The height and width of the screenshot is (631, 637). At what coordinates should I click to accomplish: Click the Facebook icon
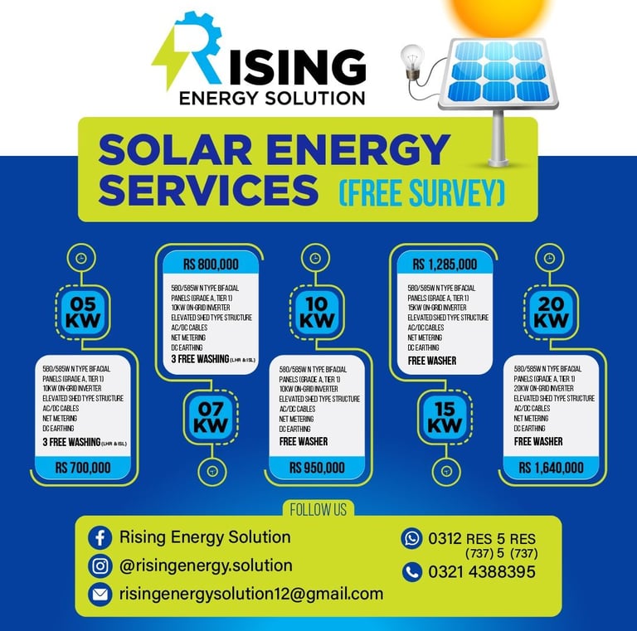tap(100, 537)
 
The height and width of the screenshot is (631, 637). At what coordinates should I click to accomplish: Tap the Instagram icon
tap(100, 566)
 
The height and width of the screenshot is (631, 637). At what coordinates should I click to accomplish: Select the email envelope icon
tap(100, 595)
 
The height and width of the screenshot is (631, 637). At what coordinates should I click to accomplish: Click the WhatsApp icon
tap(411, 538)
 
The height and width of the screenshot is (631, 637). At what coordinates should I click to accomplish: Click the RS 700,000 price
tap(83, 468)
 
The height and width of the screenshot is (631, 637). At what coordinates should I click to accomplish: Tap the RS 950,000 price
tap(317, 468)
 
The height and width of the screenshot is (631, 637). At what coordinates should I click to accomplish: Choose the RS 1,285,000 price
tap(445, 265)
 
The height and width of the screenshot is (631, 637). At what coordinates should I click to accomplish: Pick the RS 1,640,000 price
tap(551, 468)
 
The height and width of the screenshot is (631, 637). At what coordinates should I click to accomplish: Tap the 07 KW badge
tap(212, 415)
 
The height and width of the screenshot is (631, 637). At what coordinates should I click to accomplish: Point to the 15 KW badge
tap(445, 415)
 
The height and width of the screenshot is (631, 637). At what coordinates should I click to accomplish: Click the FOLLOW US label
tap(318, 509)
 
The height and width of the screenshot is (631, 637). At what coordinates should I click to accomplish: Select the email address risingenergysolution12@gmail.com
tap(251, 594)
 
